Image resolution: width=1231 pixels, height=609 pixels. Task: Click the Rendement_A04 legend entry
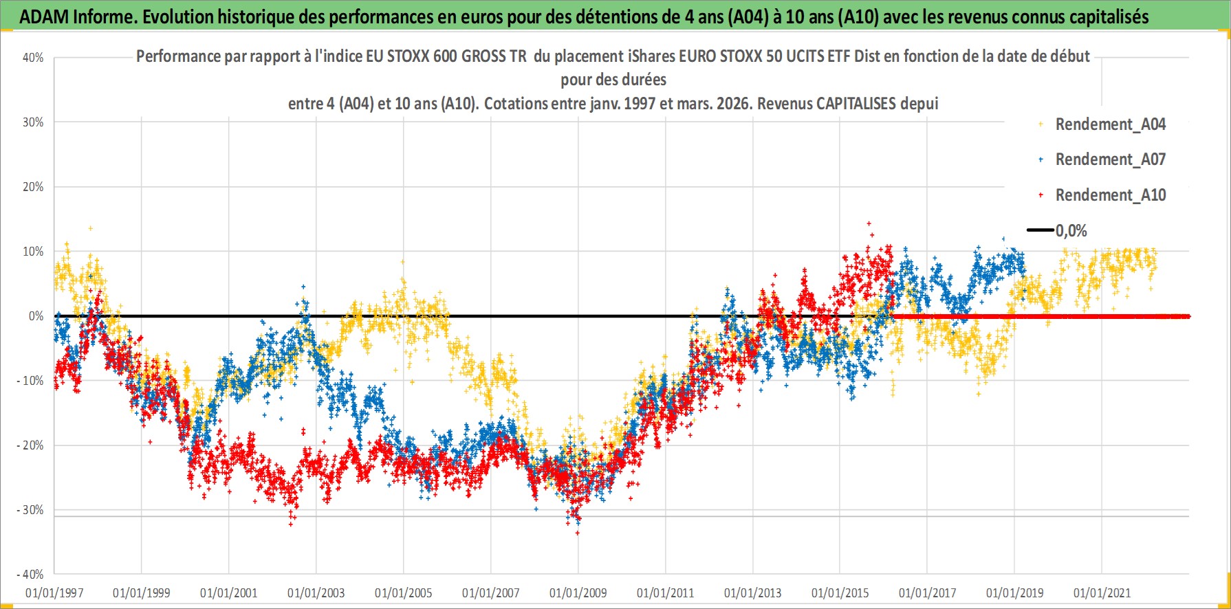1110,124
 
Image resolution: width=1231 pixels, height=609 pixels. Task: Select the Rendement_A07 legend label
1110,159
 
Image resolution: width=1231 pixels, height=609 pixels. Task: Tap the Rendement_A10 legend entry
1110,195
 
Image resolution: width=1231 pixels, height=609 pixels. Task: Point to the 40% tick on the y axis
33,58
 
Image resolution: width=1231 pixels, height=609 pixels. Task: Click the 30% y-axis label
33,122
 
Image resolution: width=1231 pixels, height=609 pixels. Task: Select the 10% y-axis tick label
33,252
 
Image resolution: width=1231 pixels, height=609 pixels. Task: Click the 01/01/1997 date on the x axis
54,593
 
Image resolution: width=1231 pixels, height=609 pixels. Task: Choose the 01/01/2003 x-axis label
316,593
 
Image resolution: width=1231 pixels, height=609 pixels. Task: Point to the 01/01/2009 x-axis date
578,593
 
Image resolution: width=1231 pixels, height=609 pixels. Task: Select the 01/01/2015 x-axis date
840,593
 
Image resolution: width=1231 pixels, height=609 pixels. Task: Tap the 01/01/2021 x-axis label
1102,593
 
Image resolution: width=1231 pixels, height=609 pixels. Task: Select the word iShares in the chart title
652,56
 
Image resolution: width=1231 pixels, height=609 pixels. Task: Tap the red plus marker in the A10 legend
1041,195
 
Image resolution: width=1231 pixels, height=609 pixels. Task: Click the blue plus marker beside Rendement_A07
1041,159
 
